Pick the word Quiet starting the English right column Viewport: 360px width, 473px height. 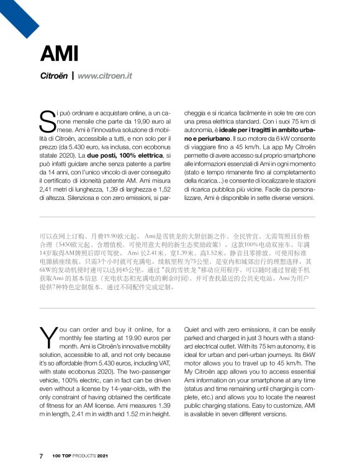click(x=194, y=328)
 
